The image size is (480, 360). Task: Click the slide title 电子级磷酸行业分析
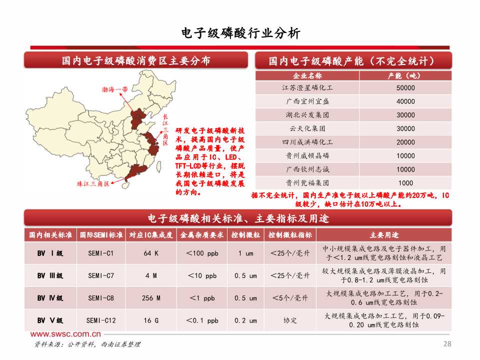(x=240, y=33)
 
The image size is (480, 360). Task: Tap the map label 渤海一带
(x=114, y=89)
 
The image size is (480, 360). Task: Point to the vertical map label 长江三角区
(x=165, y=130)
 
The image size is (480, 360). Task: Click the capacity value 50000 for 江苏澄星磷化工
(x=405, y=87)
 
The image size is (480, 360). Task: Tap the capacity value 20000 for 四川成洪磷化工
(x=405, y=142)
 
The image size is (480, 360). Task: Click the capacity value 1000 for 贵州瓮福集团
(x=405, y=183)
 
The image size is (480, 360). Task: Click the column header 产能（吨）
(x=405, y=75)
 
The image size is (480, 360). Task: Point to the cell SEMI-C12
(x=101, y=320)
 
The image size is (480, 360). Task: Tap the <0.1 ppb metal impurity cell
(x=202, y=320)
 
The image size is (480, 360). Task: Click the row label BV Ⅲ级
(x=50, y=275)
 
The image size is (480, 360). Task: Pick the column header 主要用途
(x=384, y=235)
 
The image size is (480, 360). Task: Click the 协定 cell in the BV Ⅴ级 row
(x=290, y=320)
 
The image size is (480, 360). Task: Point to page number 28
(x=447, y=343)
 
